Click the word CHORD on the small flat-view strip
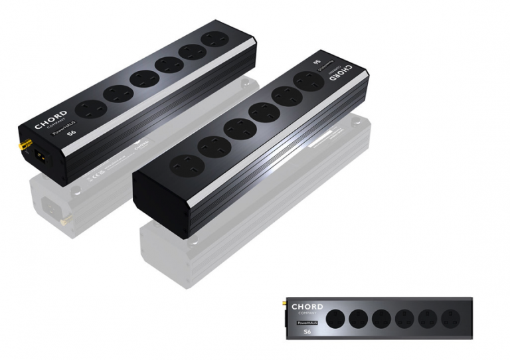(307, 308)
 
